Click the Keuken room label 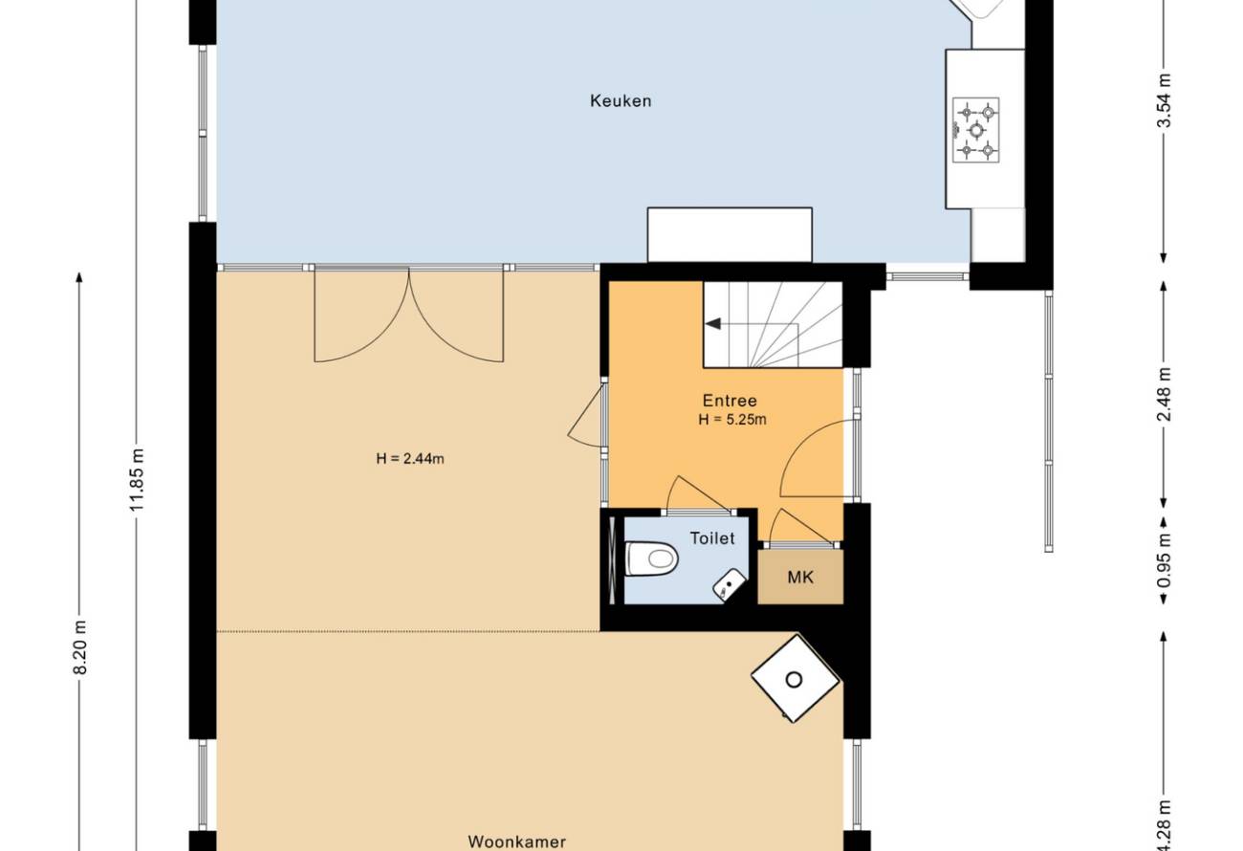621,101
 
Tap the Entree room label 730,401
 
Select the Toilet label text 712,538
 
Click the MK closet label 800,578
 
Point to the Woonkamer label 516,841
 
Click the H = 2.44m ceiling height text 410,459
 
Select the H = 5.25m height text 732,420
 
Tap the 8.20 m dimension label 80,646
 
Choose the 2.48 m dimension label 1165,395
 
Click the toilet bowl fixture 652,558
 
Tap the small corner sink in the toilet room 730,585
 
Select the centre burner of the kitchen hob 976,130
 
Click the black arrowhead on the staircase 713,323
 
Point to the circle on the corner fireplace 794,680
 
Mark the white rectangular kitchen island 730,234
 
